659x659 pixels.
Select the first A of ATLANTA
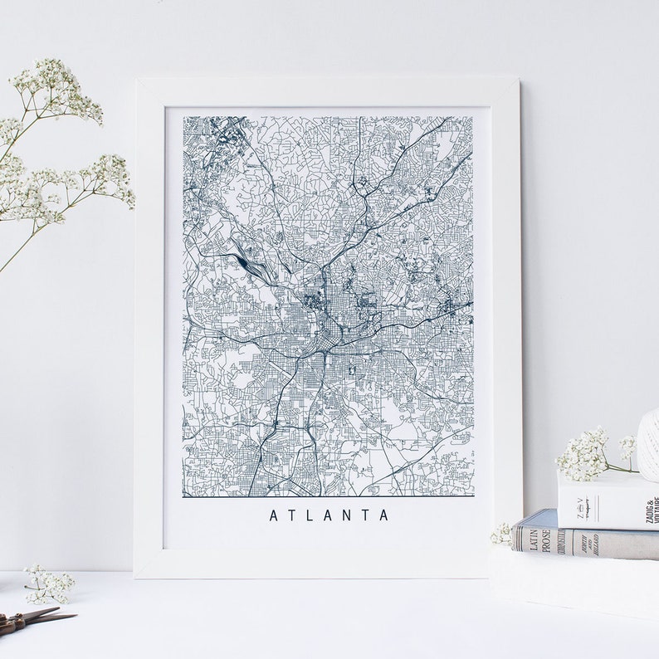pyautogui.click(x=274, y=515)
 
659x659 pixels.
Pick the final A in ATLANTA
pyautogui.click(x=383, y=515)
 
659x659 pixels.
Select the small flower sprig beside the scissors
pyautogui.click(x=47, y=584)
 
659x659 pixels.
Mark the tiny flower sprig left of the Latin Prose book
pyautogui.click(x=501, y=535)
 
